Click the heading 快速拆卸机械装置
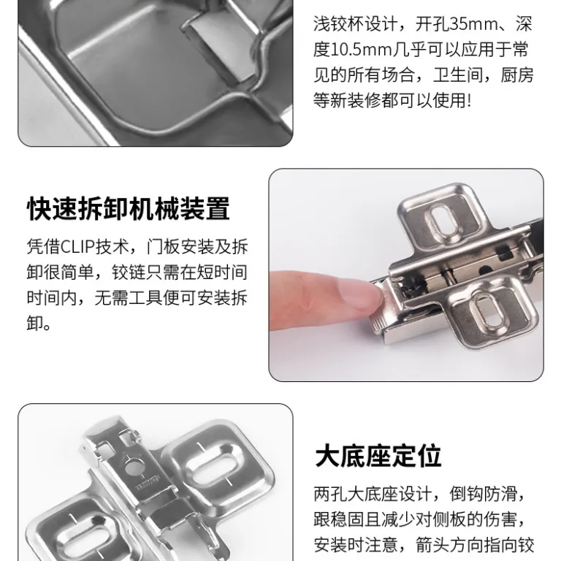128,209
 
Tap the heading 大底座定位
378,456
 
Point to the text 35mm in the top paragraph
473,25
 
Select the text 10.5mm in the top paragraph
362,50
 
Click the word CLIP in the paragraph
77,246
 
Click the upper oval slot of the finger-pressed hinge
443,221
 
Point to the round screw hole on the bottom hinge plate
133,466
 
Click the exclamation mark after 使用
470,101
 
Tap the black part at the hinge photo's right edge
537,229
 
